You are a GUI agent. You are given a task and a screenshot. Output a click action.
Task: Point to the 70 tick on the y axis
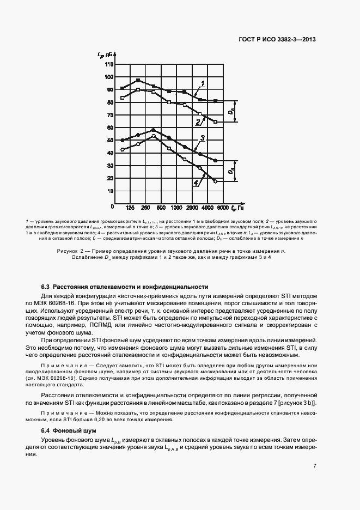click(x=110, y=115)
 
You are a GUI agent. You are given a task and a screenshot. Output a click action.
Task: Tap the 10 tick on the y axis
click(x=110, y=191)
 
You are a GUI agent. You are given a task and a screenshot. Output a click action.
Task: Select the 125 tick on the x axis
click(x=130, y=208)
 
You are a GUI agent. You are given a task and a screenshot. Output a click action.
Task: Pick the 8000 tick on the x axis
click(x=222, y=208)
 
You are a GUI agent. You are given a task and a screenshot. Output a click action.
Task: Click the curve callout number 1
click(x=202, y=83)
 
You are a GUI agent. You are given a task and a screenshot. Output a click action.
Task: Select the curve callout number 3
click(x=202, y=138)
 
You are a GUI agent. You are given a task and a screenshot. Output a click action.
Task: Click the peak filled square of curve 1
click(x=138, y=80)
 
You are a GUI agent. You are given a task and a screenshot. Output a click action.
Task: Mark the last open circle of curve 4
click(x=216, y=181)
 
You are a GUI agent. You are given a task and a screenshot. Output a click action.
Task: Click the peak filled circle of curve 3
click(x=154, y=130)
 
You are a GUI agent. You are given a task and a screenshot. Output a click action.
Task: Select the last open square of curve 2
click(x=216, y=122)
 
